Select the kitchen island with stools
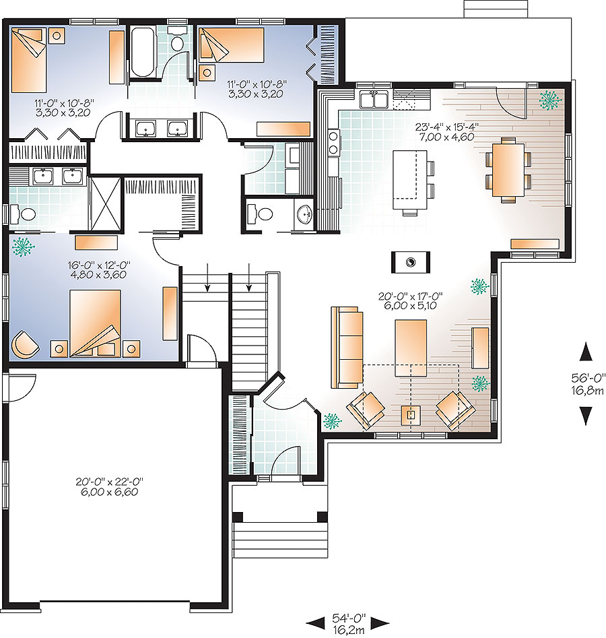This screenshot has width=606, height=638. (x=411, y=176)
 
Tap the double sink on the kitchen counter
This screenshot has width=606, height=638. (x=374, y=100)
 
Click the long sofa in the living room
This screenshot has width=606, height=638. (x=346, y=348)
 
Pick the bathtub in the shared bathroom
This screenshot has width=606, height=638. (x=143, y=51)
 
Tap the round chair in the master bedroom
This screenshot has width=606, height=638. (x=25, y=344)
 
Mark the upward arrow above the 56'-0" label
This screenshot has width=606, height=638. (x=586, y=352)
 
